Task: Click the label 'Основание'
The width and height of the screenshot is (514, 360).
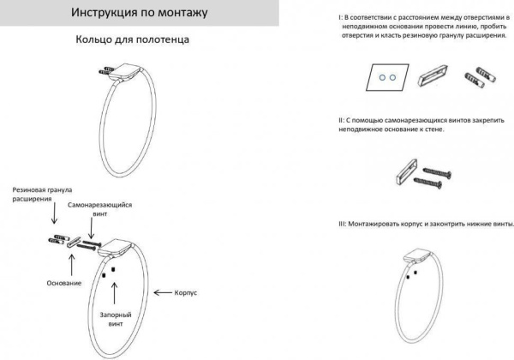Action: pyautogui.click(x=63, y=282)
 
